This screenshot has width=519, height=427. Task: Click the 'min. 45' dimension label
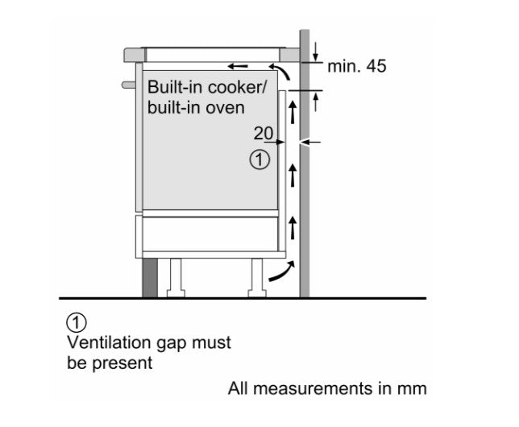[356, 66]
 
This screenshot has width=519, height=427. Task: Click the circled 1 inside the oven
[259, 160]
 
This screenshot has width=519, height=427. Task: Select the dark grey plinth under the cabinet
[150, 278]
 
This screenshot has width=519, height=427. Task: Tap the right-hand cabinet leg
[257, 278]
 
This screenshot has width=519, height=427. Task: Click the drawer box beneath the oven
[208, 234]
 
